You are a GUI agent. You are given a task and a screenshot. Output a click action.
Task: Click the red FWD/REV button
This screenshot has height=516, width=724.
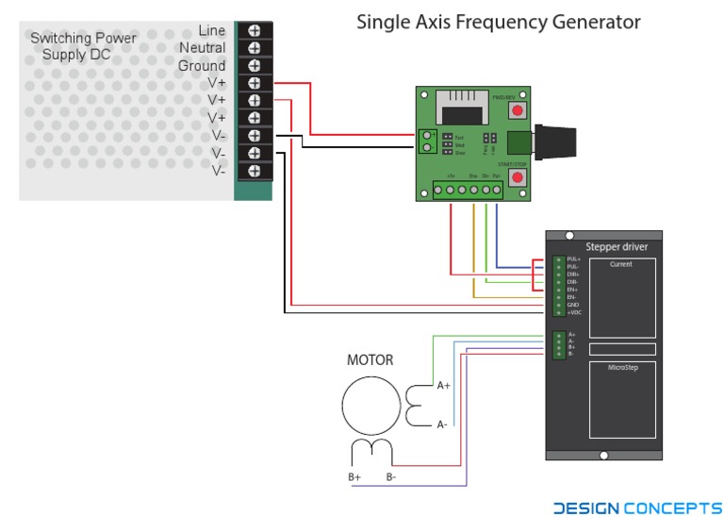tap(517, 111)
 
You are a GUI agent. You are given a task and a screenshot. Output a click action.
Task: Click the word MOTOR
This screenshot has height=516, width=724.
tap(370, 360)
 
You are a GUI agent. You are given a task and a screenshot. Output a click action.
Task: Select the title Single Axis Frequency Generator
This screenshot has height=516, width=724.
tap(498, 22)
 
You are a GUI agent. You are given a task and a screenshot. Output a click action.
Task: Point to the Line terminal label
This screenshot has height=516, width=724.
tap(212, 30)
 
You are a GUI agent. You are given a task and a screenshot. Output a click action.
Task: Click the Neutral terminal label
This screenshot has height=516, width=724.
tap(202, 47)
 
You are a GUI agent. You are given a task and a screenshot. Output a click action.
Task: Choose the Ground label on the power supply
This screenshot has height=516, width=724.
tap(202, 65)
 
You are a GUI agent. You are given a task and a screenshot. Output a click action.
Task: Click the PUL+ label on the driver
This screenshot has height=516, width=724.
tap(573, 259)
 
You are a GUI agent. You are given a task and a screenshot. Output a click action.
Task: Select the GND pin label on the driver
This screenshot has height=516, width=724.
tap(572, 305)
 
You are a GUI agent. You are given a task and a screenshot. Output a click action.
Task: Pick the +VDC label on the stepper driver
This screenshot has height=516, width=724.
tap(573, 312)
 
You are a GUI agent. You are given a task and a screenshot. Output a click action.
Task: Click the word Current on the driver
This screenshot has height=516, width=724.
tap(621, 265)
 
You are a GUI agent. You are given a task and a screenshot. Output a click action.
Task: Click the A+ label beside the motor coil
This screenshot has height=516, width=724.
tap(443, 385)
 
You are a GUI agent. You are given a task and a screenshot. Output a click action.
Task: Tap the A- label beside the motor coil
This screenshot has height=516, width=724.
tap(442, 424)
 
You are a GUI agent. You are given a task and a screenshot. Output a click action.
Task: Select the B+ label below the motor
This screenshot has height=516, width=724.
tap(354, 477)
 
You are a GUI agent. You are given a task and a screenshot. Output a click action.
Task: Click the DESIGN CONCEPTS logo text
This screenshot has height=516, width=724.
tap(637, 508)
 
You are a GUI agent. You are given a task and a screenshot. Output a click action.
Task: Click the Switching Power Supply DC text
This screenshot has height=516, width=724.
tap(83, 46)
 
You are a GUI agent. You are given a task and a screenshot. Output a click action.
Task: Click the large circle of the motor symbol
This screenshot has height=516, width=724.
tap(370, 403)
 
